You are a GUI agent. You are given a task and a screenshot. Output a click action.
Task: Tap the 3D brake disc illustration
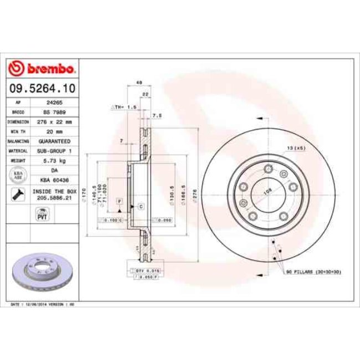(42, 272)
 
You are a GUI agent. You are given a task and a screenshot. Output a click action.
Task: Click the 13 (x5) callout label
(296, 148)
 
